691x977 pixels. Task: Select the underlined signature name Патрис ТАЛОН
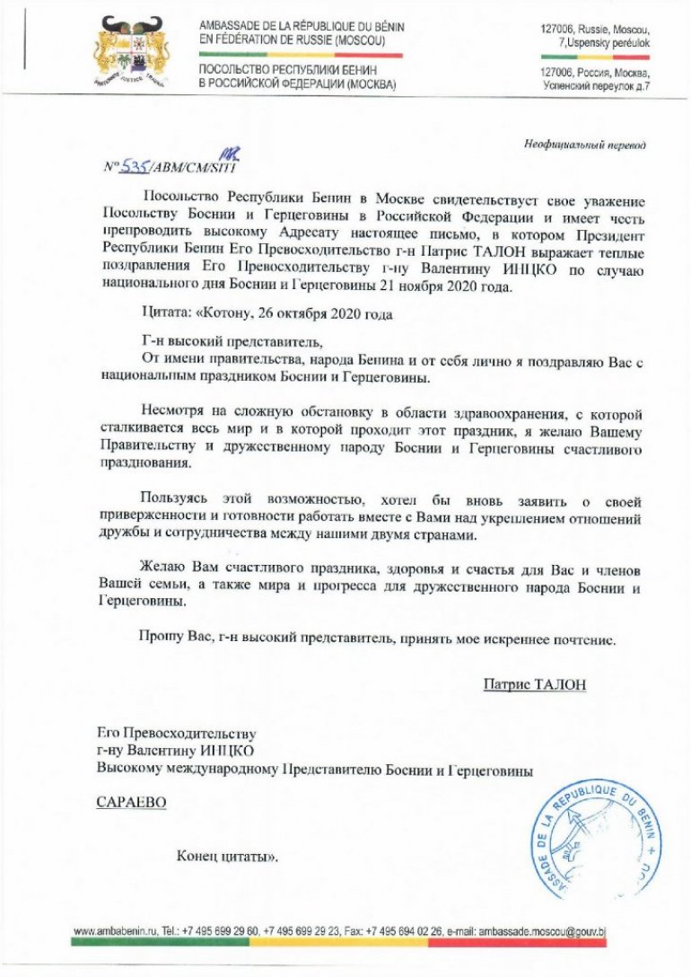point(534,684)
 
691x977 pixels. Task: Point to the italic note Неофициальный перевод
point(584,145)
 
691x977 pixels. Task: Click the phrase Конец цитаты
point(227,856)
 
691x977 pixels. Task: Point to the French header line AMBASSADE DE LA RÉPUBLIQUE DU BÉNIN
point(302,27)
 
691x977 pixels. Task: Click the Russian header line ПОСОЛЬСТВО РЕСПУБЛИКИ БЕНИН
point(288,70)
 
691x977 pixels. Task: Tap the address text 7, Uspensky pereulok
point(604,42)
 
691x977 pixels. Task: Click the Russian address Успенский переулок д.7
point(597,85)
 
